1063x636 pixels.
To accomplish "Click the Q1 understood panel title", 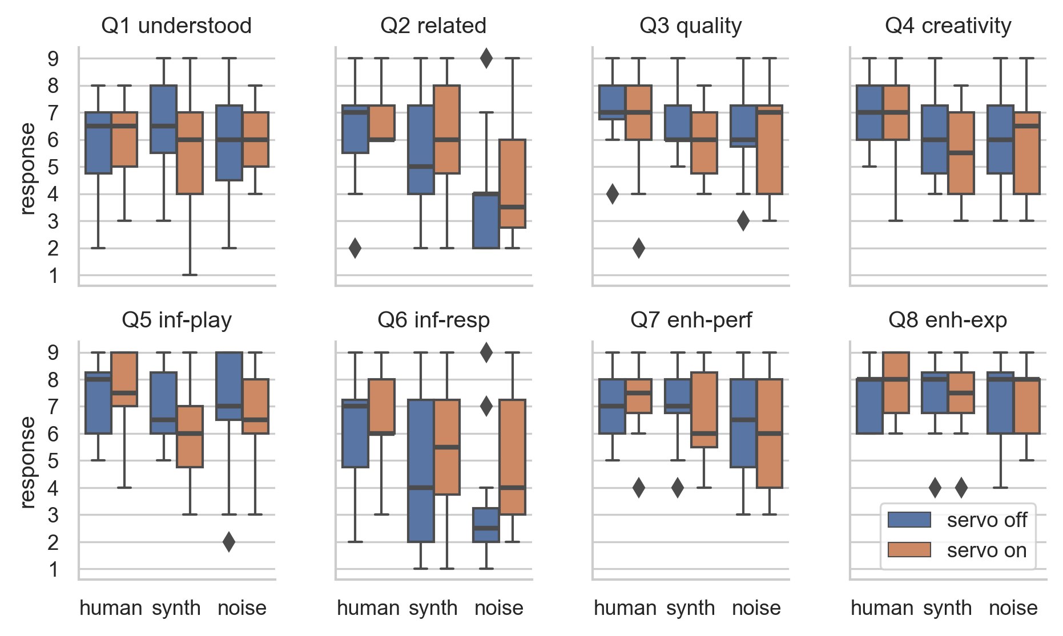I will [x=176, y=26].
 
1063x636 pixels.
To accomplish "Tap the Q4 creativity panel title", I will [x=948, y=26].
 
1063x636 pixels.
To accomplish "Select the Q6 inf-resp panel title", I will [x=433, y=321].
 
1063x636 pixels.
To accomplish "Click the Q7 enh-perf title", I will [x=691, y=321].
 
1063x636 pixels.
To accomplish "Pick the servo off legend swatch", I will [x=909, y=520].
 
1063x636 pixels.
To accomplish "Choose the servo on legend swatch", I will [x=909, y=550].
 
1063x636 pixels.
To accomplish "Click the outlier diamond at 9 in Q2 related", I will [x=486, y=58].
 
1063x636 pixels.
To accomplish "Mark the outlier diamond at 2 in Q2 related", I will [x=355, y=248].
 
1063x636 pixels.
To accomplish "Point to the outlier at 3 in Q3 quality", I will [x=743, y=221].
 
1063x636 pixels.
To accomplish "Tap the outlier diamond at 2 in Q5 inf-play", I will [x=228, y=542].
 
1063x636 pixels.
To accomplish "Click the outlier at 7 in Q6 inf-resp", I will [x=486, y=407].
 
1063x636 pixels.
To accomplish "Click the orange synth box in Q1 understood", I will [x=190, y=153].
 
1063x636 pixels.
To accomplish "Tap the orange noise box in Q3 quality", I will [x=769, y=149].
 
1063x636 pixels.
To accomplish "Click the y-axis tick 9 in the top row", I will [x=53, y=59].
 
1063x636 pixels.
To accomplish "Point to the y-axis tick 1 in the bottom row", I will [x=53, y=569].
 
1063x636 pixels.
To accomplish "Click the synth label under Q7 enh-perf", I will [x=690, y=609].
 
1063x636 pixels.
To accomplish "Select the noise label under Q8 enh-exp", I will [x=1013, y=609].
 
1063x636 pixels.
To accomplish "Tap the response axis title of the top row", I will [x=27, y=169].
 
